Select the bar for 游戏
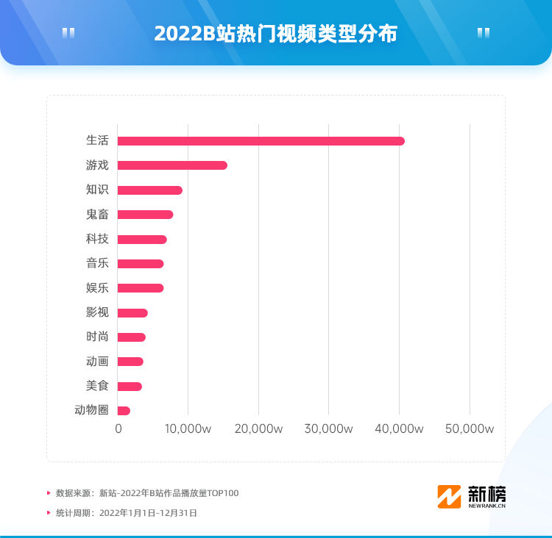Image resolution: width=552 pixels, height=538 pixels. click(x=172, y=165)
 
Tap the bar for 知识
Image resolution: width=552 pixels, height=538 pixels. click(x=149, y=190)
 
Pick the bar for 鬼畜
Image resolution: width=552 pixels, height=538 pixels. click(x=145, y=215)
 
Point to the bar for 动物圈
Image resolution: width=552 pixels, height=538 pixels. click(x=124, y=411)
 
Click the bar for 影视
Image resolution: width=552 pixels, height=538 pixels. click(x=132, y=313)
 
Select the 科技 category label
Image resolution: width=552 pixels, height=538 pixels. click(x=97, y=239)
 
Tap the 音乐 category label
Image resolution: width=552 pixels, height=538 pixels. click(x=97, y=263)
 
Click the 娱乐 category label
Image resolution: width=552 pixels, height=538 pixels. click(x=97, y=288)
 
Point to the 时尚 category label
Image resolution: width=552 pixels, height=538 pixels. click(x=97, y=337)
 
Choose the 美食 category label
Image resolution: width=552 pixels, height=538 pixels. click(x=97, y=386)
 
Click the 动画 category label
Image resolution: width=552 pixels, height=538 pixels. click(x=97, y=362)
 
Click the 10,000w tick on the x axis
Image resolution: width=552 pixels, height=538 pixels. click(x=188, y=429)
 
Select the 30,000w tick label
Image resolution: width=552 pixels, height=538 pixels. click(x=329, y=429)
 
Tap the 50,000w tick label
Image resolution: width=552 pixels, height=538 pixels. click(x=470, y=429)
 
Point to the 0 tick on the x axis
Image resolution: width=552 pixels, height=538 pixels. click(x=118, y=429)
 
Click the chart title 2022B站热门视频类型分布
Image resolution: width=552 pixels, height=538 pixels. click(x=275, y=34)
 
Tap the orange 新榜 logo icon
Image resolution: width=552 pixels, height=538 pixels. click(x=449, y=496)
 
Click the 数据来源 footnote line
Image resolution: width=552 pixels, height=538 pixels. click(x=147, y=493)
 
